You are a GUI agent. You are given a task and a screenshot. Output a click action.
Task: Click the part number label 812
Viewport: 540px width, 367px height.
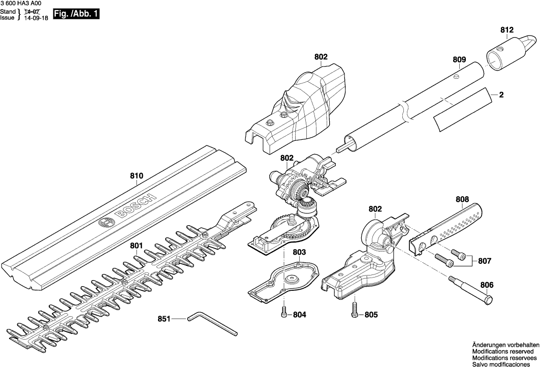[x=507, y=30]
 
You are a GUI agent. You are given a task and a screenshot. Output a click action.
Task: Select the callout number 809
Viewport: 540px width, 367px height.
[x=459, y=59]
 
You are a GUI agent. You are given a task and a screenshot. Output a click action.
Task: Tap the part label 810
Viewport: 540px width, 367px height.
[x=136, y=176]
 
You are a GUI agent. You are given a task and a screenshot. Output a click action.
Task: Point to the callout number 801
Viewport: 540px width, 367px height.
[x=136, y=246]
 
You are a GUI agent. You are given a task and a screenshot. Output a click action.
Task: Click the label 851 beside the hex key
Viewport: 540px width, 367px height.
[x=164, y=319]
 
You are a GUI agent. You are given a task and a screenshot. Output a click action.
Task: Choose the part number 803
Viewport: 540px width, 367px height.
[x=299, y=252]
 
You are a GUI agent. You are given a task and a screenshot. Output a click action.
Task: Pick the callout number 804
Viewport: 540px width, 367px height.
[x=300, y=315]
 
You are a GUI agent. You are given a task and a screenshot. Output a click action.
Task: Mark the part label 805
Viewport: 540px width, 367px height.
[x=371, y=315]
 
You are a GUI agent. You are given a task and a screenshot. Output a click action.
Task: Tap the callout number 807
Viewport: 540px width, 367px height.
[x=485, y=261]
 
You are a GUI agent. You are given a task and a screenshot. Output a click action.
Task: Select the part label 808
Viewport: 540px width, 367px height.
[x=462, y=200]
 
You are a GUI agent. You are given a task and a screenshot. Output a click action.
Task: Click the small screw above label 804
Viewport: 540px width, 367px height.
[x=284, y=312]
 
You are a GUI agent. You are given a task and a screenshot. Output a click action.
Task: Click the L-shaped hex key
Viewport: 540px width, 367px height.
[x=211, y=324]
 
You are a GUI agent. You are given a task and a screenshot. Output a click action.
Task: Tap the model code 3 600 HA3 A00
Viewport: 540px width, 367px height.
[x=21, y=3]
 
